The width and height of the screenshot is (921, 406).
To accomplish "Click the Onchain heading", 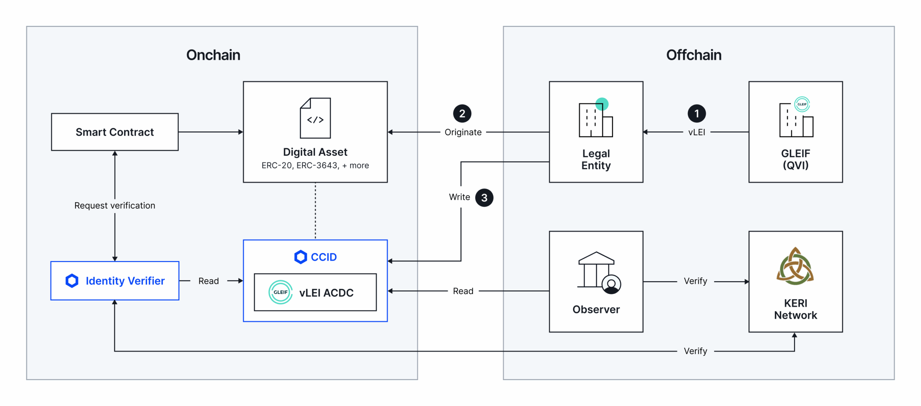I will pyautogui.click(x=213, y=55).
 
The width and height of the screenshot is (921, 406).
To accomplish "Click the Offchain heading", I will pyautogui.click(x=693, y=55).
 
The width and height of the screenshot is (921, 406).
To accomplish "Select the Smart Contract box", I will pyautogui.click(x=115, y=132).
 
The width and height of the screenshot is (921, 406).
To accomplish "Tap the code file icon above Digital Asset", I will pyautogui.click(x=315, y=118).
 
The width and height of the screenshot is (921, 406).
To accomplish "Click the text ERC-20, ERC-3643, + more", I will pyautogui.click(x=315, y=166).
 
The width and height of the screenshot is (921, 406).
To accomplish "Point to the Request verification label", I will pyautogui.click(x=115, y=206).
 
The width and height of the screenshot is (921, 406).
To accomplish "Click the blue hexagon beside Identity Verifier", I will pyautogui.click(x=72, y=281).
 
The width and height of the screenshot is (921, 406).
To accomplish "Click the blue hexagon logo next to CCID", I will pyautogui.click(x=300, y=257).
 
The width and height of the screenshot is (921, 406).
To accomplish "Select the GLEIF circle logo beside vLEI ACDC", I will pyautogui.click(x=280, y=292).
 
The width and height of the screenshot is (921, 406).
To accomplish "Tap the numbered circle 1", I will pyautogui.click(x=697, y=114).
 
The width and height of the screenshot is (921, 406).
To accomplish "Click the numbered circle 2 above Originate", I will pyautogui.click(x=462, y=114).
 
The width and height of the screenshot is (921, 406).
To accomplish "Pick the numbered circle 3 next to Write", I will pyautogui.click(x=484, y=198).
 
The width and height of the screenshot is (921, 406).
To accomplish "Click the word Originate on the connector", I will pyautogui.click(x=463, y=132).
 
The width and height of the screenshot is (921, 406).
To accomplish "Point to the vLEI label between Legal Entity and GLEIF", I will pyautogui.click(x=697, y=132).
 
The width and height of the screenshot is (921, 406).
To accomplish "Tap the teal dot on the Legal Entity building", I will pyautogui.click(x=602, y=104).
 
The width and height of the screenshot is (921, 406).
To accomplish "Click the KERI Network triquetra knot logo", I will pyautogui.click(x=795, y=266).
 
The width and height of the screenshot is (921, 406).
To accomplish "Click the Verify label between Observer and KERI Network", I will pyautogui.click(x=695, y=281).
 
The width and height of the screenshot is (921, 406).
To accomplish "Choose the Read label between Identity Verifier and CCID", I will pyautogui.click(x=209, y=281).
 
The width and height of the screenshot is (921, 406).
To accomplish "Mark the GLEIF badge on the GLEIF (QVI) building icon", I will pyautogui.click(x=802, y=104).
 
